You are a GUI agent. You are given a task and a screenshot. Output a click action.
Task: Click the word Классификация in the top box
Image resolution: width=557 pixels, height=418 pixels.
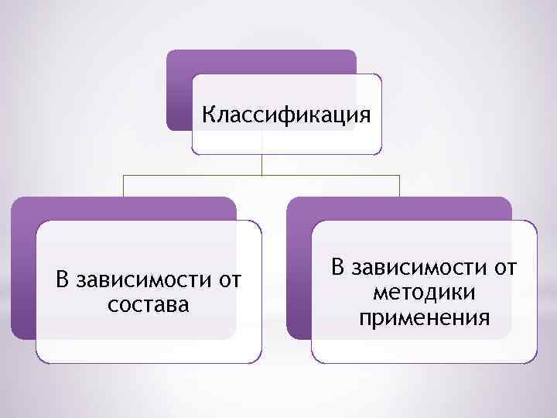286,115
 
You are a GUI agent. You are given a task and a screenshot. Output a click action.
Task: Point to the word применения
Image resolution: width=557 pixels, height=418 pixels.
423,317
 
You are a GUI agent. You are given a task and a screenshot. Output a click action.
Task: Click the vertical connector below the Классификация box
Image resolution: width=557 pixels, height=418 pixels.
262,163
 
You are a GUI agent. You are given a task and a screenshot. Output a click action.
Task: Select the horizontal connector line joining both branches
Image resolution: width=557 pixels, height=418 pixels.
193,175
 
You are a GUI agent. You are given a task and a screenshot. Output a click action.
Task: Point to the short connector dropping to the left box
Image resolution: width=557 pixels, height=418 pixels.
125,186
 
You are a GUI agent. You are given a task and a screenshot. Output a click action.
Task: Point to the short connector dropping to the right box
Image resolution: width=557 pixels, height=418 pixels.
399,186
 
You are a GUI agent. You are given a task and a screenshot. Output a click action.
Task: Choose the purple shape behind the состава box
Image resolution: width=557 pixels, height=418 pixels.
23,271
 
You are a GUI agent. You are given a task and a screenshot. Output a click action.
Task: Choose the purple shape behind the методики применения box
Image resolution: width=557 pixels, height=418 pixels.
299,271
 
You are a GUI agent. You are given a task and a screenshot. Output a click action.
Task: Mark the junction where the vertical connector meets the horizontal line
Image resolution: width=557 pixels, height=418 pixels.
262,175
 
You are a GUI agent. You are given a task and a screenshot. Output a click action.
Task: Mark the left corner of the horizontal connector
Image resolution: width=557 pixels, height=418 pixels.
125,175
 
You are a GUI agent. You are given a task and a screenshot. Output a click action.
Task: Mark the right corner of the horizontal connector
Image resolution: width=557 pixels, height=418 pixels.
399,175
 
